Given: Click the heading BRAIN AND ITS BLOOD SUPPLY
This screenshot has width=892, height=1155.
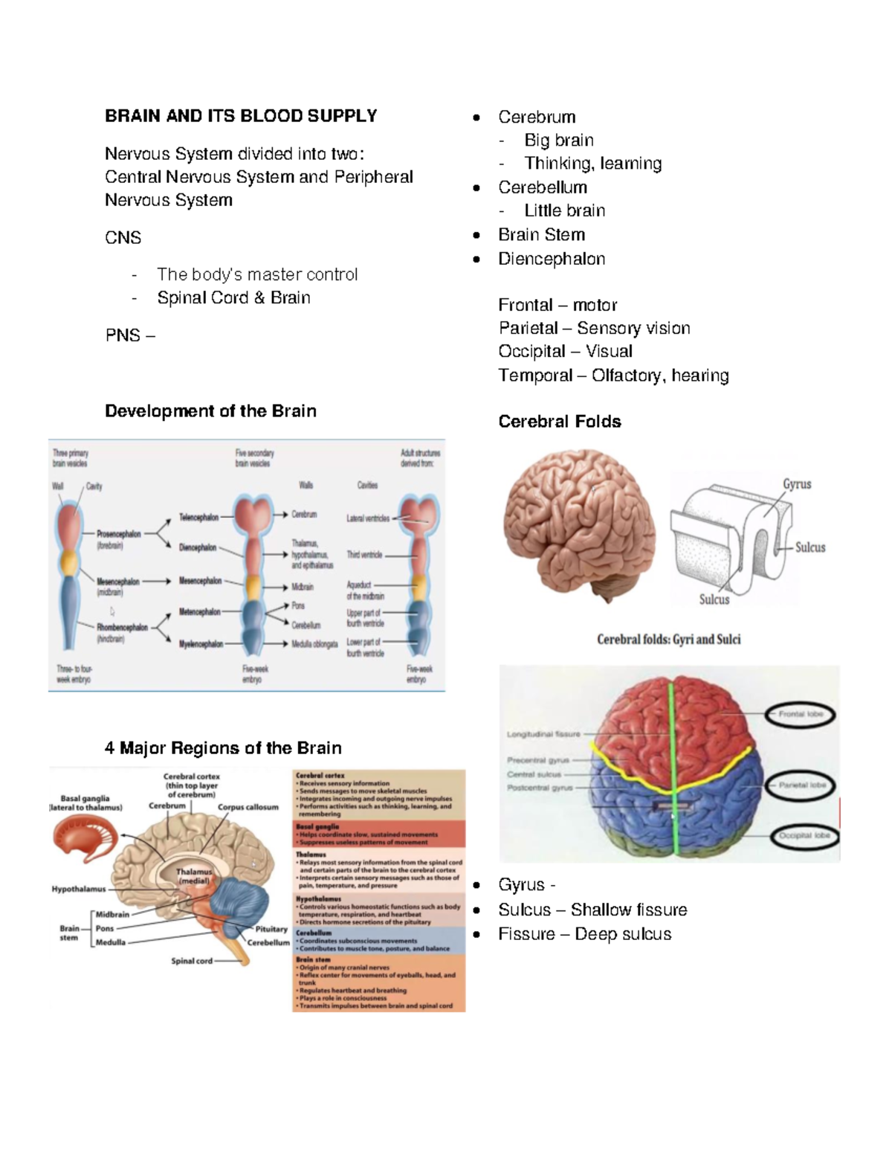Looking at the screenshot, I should (x=240, y=116).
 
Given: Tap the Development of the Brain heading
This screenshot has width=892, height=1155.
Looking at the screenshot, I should (x=210, y=411).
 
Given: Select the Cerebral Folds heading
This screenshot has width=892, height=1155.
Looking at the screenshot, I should (x=559, y=422).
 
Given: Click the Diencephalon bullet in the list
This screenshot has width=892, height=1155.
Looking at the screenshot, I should (x=551, y=259).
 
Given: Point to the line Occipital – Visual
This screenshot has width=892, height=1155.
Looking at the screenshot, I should (x=565, y=351).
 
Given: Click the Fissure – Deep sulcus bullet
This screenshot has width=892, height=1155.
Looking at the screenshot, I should (x=584, y=934).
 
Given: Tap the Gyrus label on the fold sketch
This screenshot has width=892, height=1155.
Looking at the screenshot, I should (x=796, y=484).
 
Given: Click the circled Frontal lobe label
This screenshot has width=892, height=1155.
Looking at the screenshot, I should (x=801, y=714).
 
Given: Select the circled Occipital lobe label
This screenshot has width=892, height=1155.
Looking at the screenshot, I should (x=804, y=835).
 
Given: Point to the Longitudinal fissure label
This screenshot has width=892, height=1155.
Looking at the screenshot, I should (x=543, y=734).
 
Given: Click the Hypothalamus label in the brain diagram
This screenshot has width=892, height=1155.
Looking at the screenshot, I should (x=78, y=889).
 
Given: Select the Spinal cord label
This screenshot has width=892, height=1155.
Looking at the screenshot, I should (x=192, y=961).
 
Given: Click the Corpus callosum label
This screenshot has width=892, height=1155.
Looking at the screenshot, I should (x=248, y=807).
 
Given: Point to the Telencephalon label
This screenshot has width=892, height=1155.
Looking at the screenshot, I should (x=198, y=517).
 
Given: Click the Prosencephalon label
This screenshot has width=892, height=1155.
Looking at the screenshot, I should (x=118, y=534).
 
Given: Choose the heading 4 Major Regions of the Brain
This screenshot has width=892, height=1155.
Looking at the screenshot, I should (x=223, y=748).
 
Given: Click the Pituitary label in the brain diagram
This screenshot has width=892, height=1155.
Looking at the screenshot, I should (x=271, y=929).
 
